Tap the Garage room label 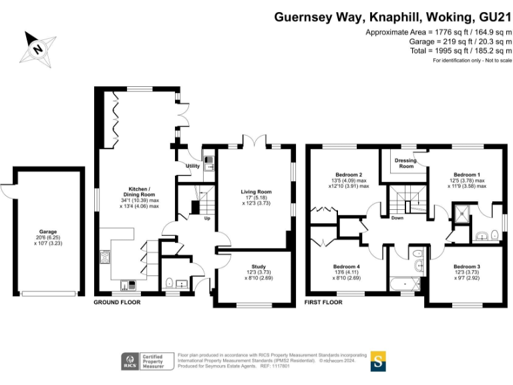coord(47,232)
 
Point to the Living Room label coord(256,192)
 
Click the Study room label coord(258,267)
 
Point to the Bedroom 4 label coord(347,267)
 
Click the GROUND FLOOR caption coord(117,302)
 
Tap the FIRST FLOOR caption coord(323,302)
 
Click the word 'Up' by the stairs coord(206,217)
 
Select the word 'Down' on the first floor coord(397,217)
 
